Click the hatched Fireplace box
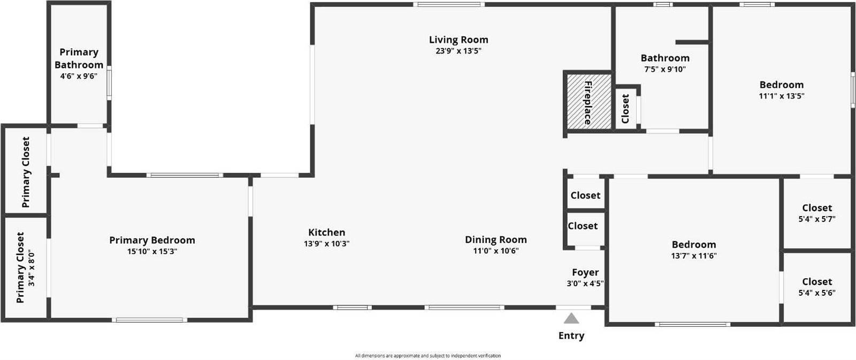pos(587,101)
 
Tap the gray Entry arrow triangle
pos(571,319)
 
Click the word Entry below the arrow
pos(571,335)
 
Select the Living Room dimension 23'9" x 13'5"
pos(458,51)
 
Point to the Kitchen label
pos(326,232)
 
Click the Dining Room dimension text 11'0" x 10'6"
pos(495,251)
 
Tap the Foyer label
pos(585,272)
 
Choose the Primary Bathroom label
pos(79,58)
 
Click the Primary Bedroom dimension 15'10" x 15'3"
pos(152,251)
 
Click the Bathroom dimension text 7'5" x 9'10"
pos(665,70)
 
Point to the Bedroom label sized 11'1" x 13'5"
pos(781,85)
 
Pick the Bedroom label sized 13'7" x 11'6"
pos(693,244)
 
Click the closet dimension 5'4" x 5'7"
pos(817,219)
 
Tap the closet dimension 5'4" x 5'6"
pos(817,293)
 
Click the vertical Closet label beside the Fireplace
pos(625,109)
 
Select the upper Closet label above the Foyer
pos(585,195)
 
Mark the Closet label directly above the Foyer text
pos(583,226)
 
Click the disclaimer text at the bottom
pos(428,356)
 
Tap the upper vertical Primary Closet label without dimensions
pos(26,172)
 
